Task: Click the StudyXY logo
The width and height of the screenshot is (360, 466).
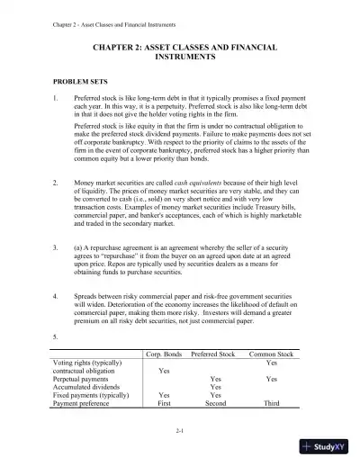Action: click(x=325, y=446)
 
